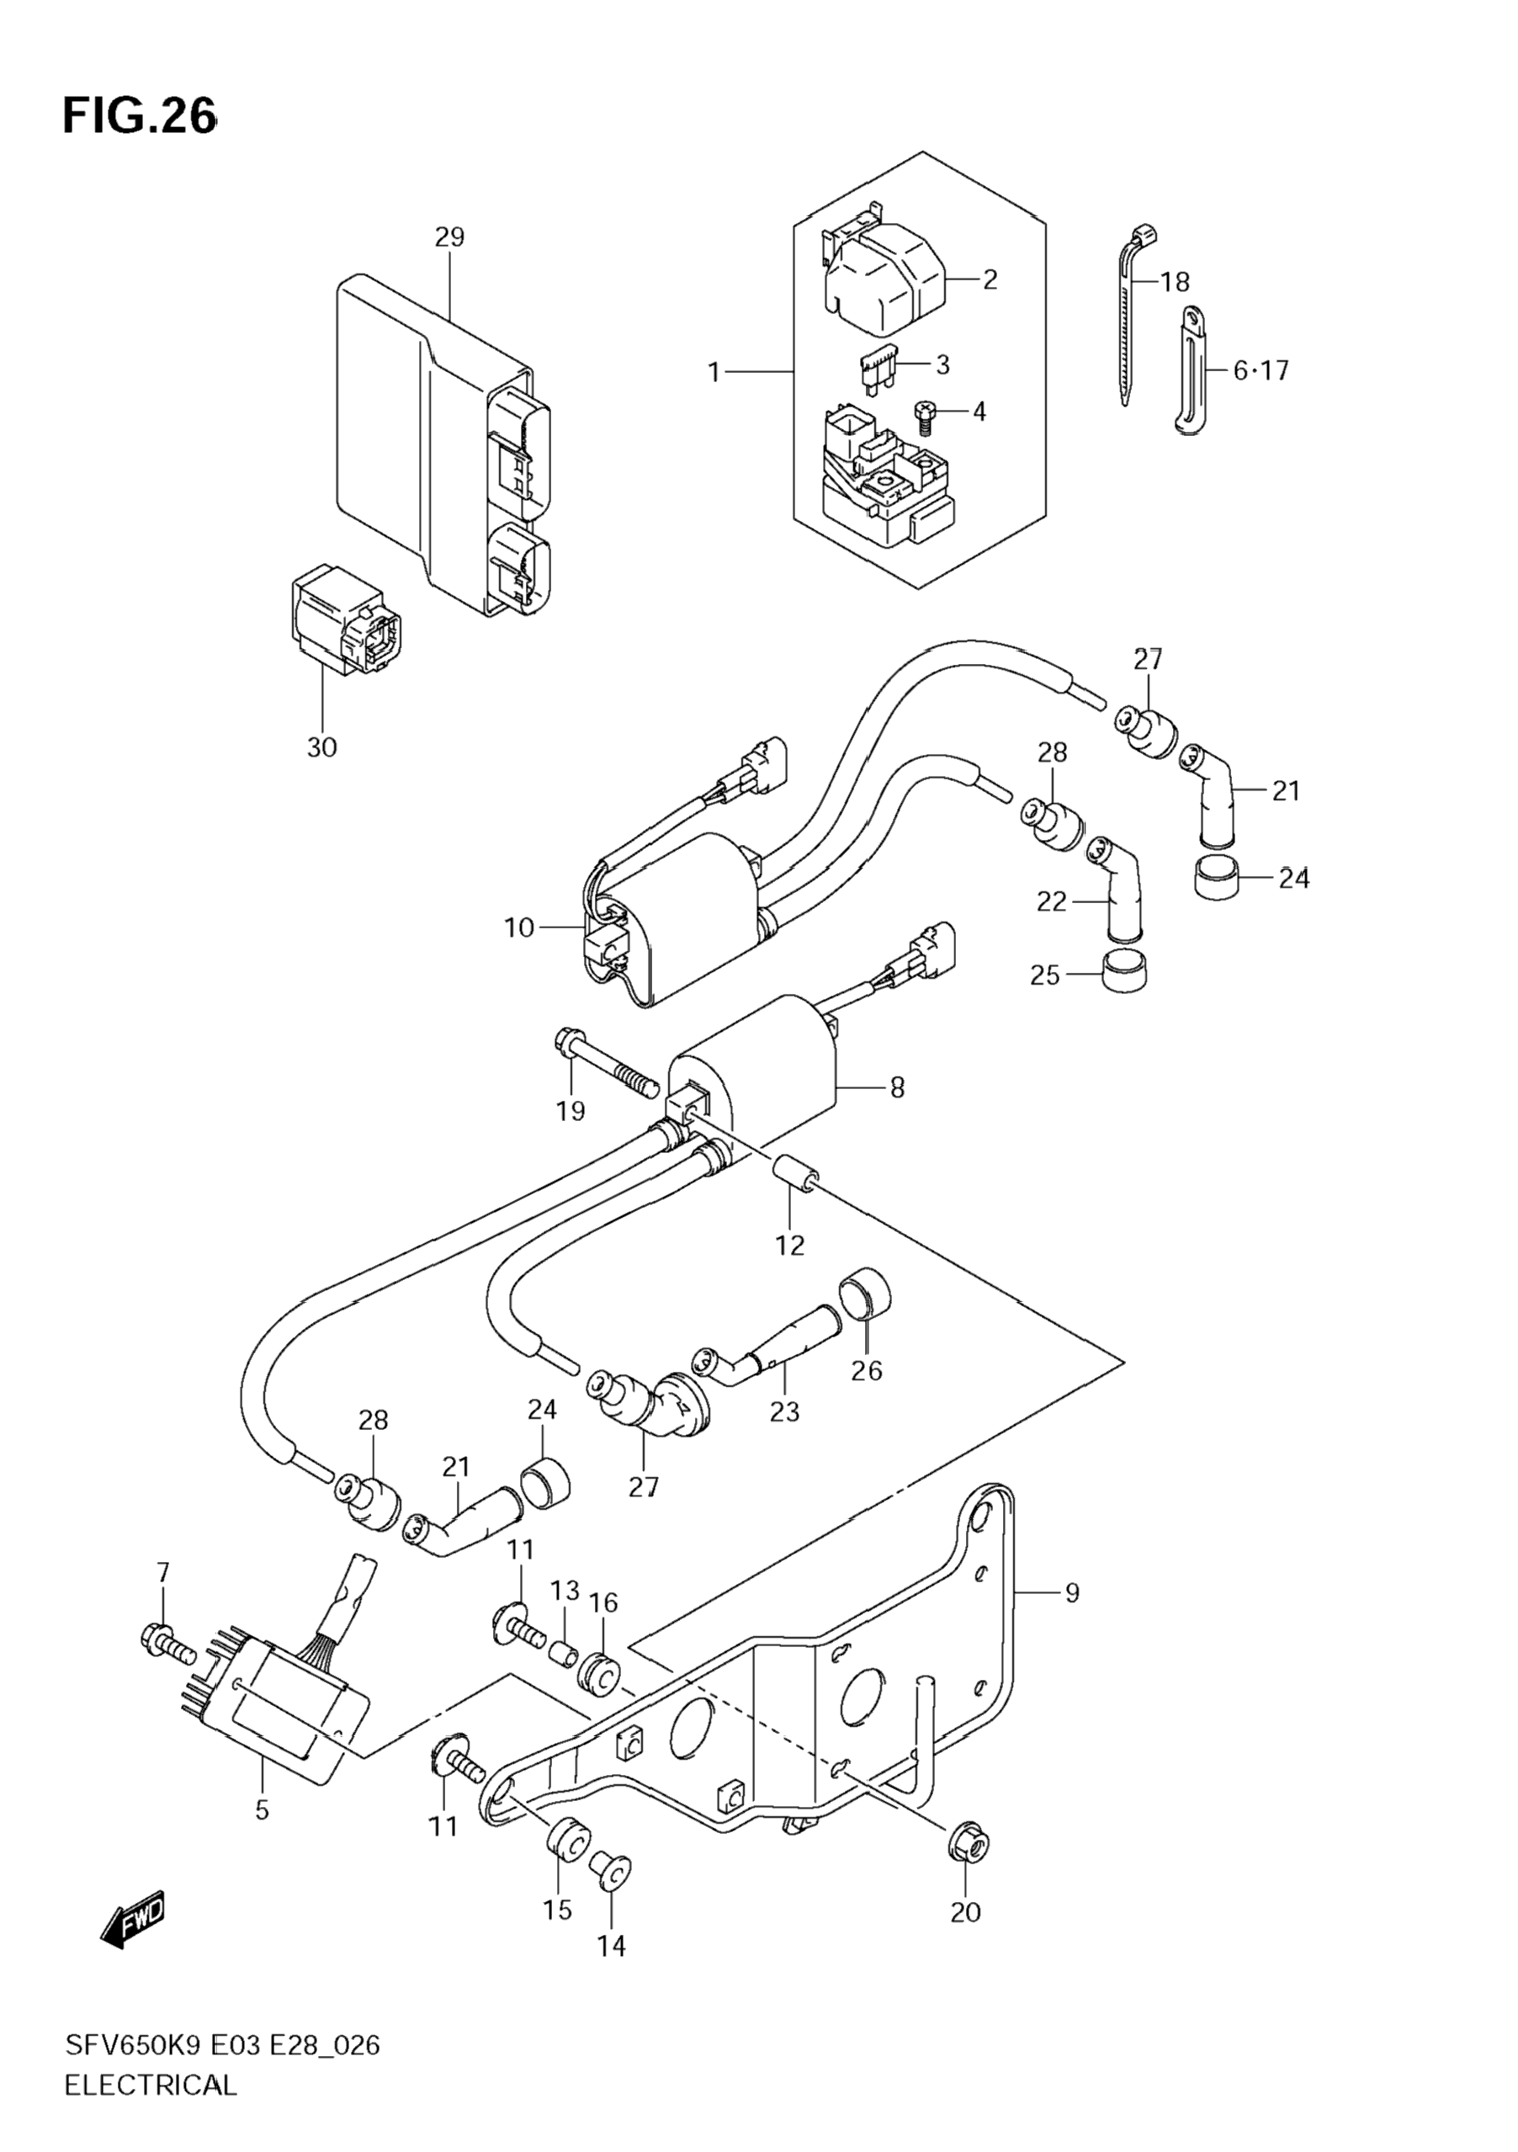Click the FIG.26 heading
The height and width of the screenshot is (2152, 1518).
coord(140,117)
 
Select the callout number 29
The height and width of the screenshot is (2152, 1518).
coord(450,237)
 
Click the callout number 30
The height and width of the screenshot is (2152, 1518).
coord(321,748)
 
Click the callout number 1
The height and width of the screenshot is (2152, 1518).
coord(714,373)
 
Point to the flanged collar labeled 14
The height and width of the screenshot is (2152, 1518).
coord(611,1873)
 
